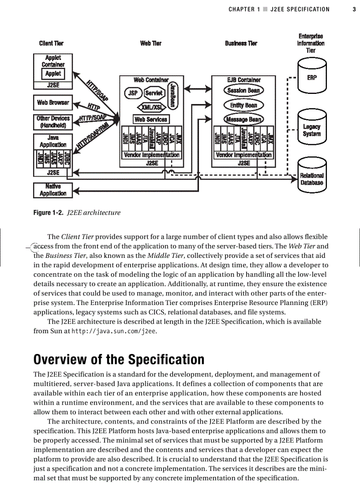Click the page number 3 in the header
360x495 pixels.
point(354,9)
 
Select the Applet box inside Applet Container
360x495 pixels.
point(53,74)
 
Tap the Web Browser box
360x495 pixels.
point(53,103)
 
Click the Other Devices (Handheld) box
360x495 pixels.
point(53,122)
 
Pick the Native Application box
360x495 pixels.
point(53,190)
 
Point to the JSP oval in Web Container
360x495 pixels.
point(132,93)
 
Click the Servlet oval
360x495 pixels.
point(154,93)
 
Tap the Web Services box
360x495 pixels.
point(151,119)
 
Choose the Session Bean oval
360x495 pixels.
point(244,91)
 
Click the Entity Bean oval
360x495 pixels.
point(244,105)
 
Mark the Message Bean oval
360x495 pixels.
point(244,119)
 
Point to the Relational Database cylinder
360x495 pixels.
point(311,179)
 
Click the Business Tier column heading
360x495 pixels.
point(241,44)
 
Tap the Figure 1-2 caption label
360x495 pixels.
point(49,213)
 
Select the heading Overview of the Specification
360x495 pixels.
point(119,359)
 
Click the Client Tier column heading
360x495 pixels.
point(51,44)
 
